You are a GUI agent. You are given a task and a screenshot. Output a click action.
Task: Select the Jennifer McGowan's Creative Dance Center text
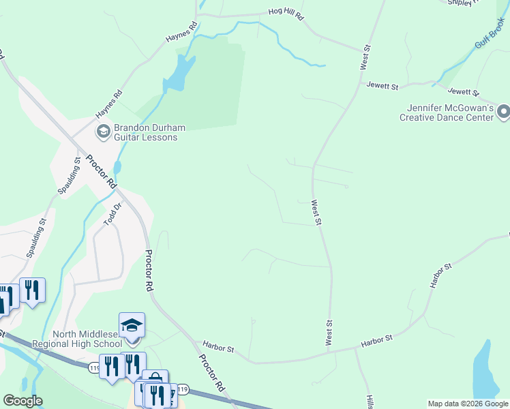[450, 112]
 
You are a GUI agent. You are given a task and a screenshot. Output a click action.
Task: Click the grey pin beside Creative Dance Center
[503, 111]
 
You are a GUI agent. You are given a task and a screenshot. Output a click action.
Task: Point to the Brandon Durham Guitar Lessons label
[145, 132]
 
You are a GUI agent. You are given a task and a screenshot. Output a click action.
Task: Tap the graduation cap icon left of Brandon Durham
[104, 131]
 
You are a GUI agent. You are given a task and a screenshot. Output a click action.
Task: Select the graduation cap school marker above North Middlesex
[132, 325]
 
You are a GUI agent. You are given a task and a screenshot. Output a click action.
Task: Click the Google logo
[22, 401]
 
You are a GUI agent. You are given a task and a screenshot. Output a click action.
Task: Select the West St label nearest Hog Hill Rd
[365, 56]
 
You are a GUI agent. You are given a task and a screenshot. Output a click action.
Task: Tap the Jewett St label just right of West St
[382, 86]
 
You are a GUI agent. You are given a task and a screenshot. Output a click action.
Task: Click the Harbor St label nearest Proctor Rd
[218, 348]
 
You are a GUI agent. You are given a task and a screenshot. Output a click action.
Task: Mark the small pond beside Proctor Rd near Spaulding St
[118, 167]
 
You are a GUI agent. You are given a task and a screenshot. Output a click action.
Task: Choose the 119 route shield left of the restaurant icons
[94, 368]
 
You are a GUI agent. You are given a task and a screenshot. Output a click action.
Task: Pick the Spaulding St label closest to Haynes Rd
[74, 175]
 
